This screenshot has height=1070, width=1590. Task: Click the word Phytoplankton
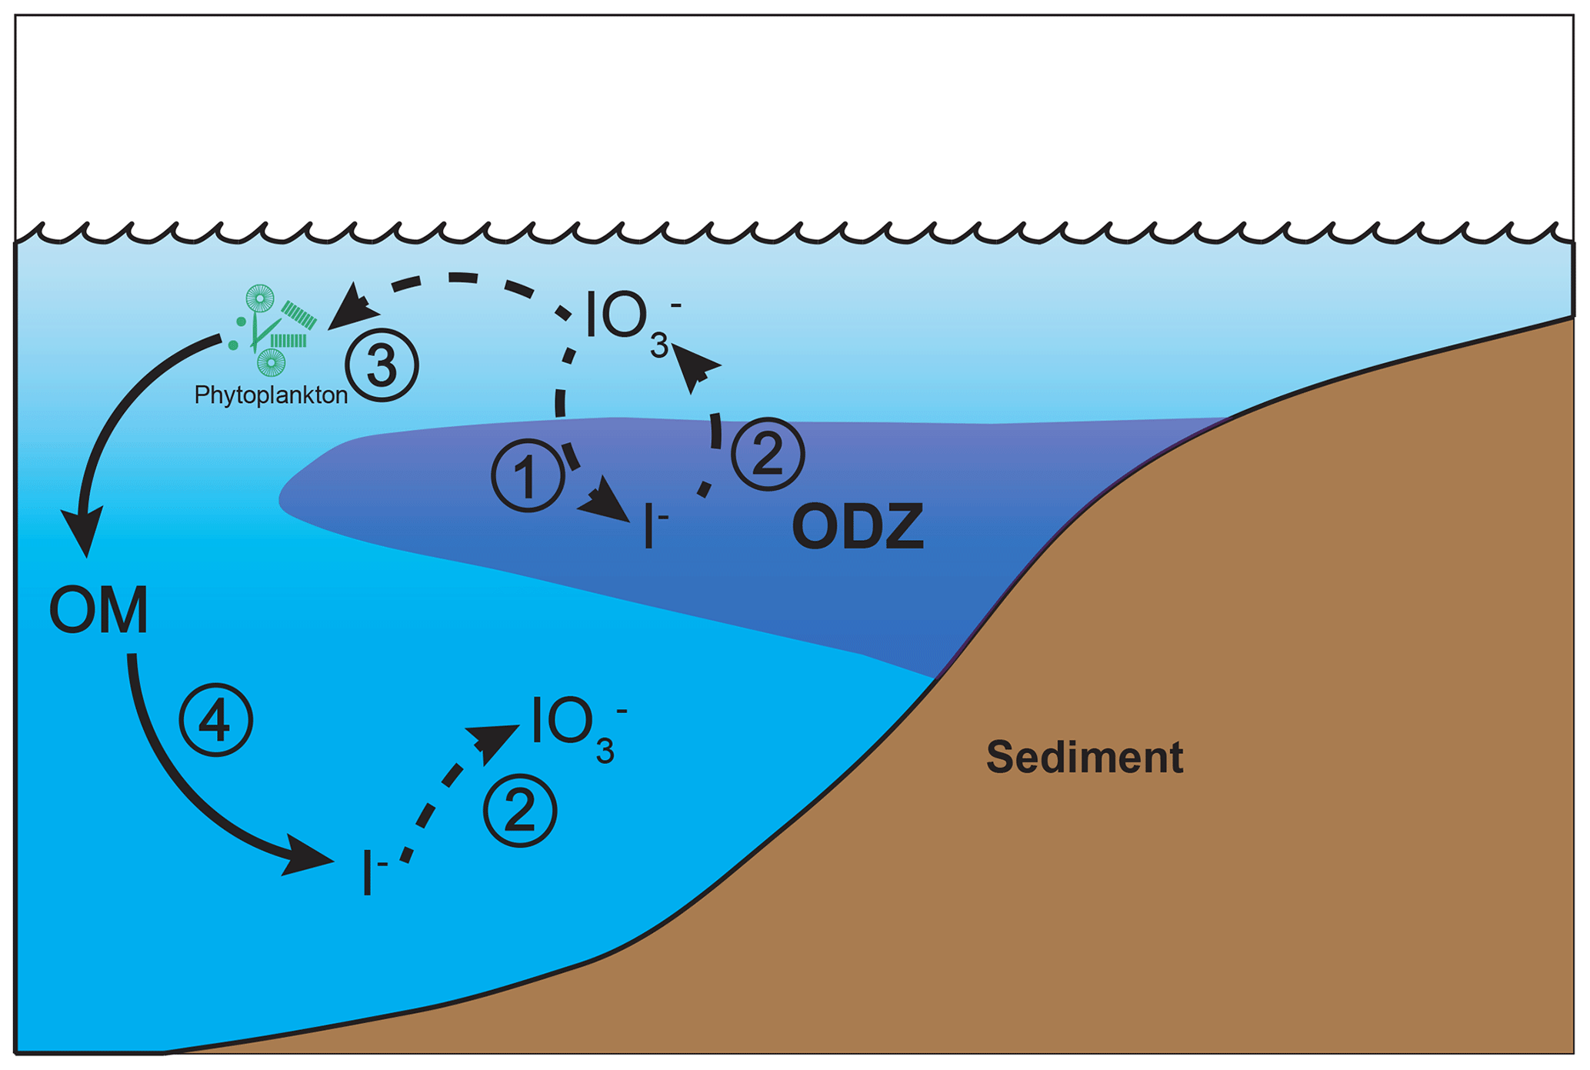point(271,395)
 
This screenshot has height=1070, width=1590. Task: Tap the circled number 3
point(382,365)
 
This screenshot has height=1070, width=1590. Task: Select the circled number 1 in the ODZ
point(528,476)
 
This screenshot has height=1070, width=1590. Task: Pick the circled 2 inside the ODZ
point(767,454)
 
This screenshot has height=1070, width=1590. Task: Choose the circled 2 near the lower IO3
point(520,811)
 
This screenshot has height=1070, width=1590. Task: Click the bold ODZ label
point(857,528)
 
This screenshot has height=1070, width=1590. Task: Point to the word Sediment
point(1084,757)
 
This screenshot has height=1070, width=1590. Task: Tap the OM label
point(98,611)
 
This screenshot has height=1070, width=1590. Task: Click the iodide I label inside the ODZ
point(654,526)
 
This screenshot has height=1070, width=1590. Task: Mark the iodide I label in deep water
point(372,874)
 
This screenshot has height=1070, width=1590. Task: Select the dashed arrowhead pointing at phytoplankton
point(352,309)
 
